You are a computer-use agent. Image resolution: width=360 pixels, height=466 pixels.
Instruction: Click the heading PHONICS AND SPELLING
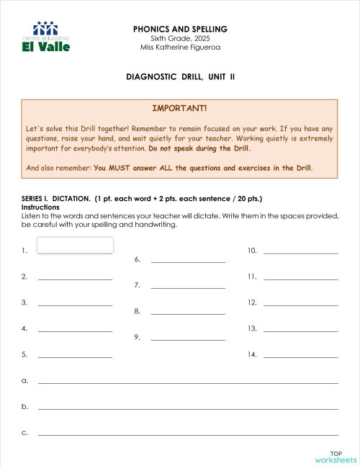coord(180,29)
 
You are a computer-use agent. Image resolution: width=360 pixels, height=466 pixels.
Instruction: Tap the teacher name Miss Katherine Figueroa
coord(180,47)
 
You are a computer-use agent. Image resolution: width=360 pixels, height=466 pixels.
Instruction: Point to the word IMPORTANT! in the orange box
coord(179,108)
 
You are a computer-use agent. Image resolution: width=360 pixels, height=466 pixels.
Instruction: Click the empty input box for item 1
coord(75,246)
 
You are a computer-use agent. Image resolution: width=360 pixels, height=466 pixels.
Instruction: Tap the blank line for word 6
coord(188,261)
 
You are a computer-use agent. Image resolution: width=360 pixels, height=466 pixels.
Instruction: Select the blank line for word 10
coord(300,252)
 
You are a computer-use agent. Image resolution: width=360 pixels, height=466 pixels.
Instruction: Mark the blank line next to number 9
coord(188,339)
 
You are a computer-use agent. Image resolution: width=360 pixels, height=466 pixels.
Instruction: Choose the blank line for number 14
coord(300,356)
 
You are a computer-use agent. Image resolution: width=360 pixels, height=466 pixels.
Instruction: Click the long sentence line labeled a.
coord(188,382)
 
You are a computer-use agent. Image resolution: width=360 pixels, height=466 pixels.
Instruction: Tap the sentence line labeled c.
coord(188,434)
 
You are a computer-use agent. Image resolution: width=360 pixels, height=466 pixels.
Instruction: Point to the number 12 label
coord(252,303)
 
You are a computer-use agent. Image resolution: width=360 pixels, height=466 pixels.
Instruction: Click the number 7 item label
coord(137,285)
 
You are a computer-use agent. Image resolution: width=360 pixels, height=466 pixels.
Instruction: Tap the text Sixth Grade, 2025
coord(180,38)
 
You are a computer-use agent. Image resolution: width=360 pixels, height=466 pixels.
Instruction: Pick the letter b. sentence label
coord(25,406)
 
